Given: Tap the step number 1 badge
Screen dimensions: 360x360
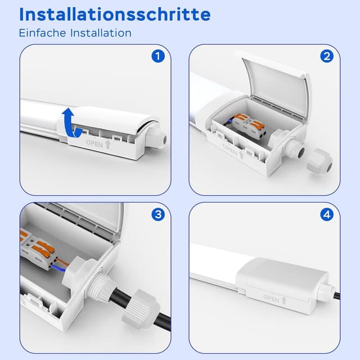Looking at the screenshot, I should point(158,56).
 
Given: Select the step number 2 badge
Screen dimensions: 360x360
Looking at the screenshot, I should point(327,56).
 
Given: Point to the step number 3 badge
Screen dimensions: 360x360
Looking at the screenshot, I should point(158,214).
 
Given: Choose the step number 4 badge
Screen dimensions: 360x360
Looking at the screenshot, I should point(327,214).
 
